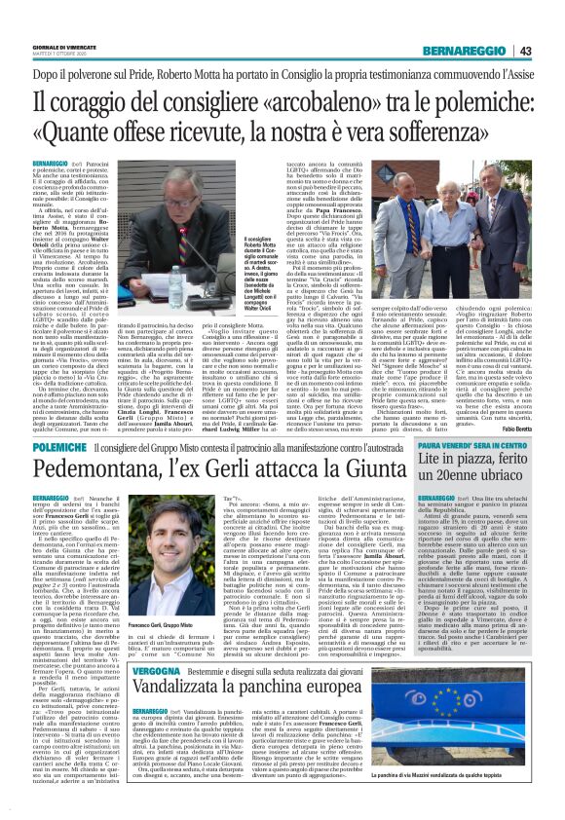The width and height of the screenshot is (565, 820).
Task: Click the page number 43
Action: pos(525,52)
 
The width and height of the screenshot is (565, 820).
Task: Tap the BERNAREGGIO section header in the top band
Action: pos(465,52)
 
